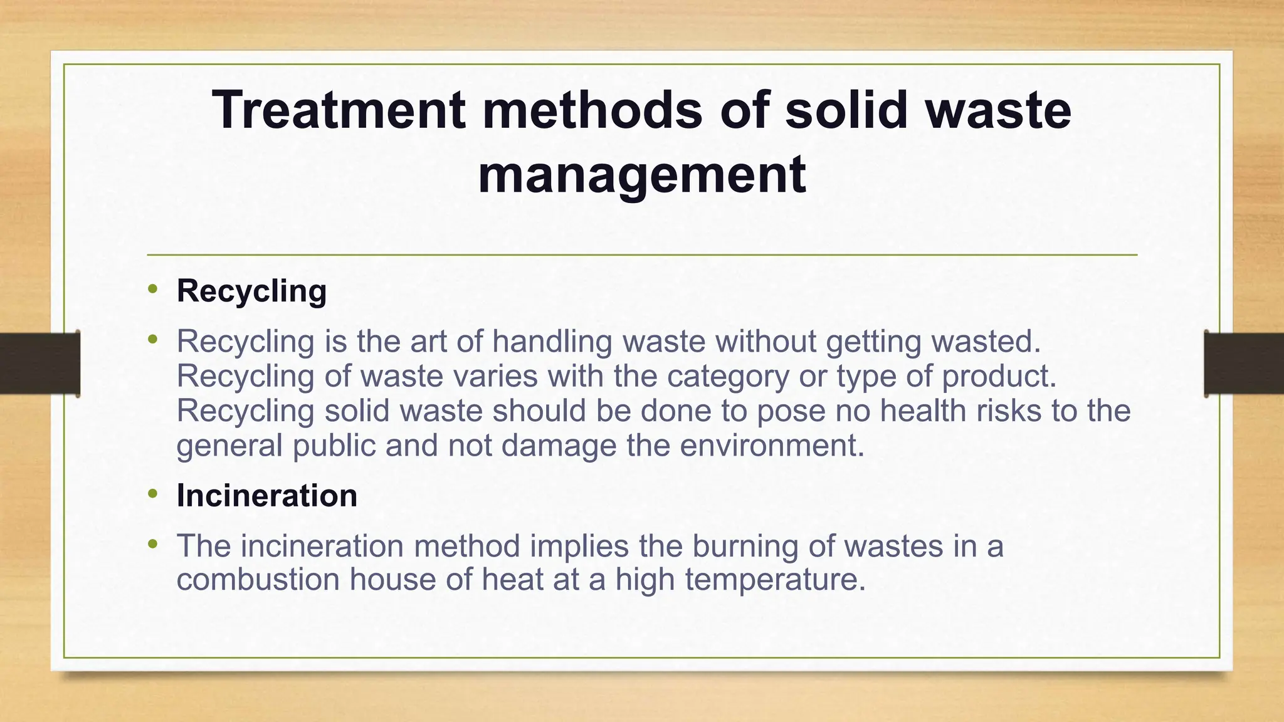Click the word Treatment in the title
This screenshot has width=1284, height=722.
[339, 110]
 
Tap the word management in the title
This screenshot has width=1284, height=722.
[641, 175]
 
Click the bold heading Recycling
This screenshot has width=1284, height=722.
[251, 291]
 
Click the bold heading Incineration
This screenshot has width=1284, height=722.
[267, 496]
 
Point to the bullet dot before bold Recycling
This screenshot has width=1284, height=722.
[152, 289]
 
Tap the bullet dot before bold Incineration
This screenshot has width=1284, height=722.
[152, 494]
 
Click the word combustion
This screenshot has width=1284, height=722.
[258, 580]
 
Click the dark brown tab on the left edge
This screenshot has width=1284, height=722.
[39, 364]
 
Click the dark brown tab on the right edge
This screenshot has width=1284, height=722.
[1245, 364]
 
